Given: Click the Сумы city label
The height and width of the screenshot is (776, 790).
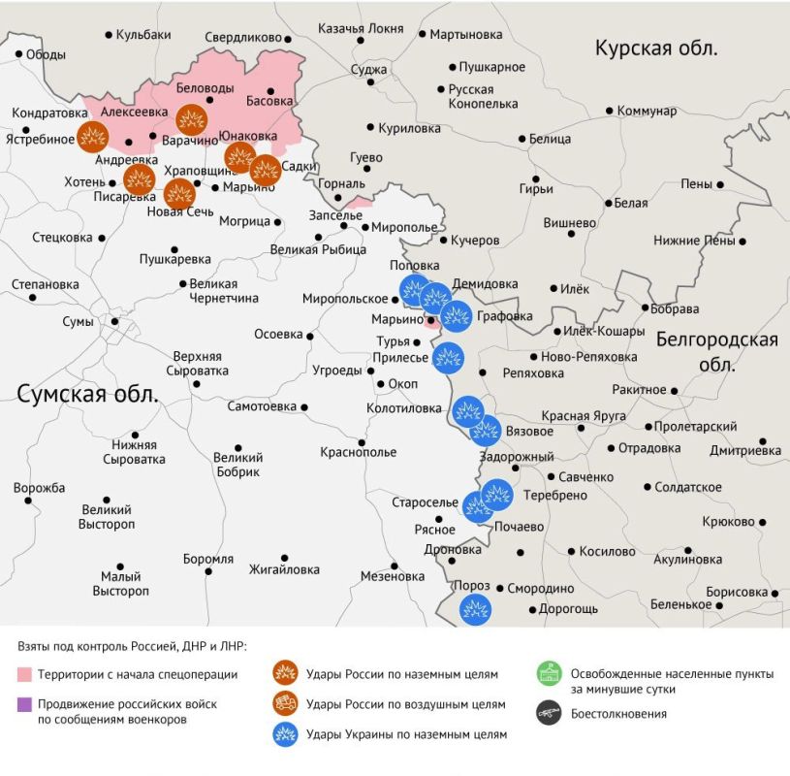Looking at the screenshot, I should pyautogui.click(x=77, y=322).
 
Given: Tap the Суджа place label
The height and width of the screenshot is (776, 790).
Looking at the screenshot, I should pyautogui.click(x=369, y=70).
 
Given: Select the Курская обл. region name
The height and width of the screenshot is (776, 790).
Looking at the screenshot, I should pyautogui.click(x=656, y=49).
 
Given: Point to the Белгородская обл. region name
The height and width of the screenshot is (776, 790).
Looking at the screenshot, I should pyautogui.click(x=716, y=351).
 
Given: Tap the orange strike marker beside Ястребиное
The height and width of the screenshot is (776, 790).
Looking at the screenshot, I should pyautogui.click(x=93, y=137).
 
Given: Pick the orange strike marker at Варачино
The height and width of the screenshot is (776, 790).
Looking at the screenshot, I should pyautogui.click(x=192, y=120).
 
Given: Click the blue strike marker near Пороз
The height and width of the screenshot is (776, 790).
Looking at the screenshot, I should pyautogui.click(x=474, y=610).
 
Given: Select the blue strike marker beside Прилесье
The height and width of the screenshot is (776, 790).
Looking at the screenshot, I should pyautogui.click(x=447, y=358).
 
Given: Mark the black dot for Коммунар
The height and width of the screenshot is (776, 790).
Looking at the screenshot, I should pyautogui.click(x=609, y=111).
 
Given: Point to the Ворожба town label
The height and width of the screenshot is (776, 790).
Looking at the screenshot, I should pyautogui.click(x=39, y=487).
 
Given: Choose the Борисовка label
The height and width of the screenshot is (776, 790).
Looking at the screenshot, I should pyautogui.click(x=737, y=592).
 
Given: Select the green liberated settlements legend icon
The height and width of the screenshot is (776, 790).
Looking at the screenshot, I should pyautogui.click(x=550, y=672).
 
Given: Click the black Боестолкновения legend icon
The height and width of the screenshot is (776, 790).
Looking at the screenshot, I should pyautogui.click(x=550, y=713).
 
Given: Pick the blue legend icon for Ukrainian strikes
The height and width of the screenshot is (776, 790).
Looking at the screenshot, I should pyautogui.click(x=285, y=733).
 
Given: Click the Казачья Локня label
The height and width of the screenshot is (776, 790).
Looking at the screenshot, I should pyautogui.click(x=361, y=28).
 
